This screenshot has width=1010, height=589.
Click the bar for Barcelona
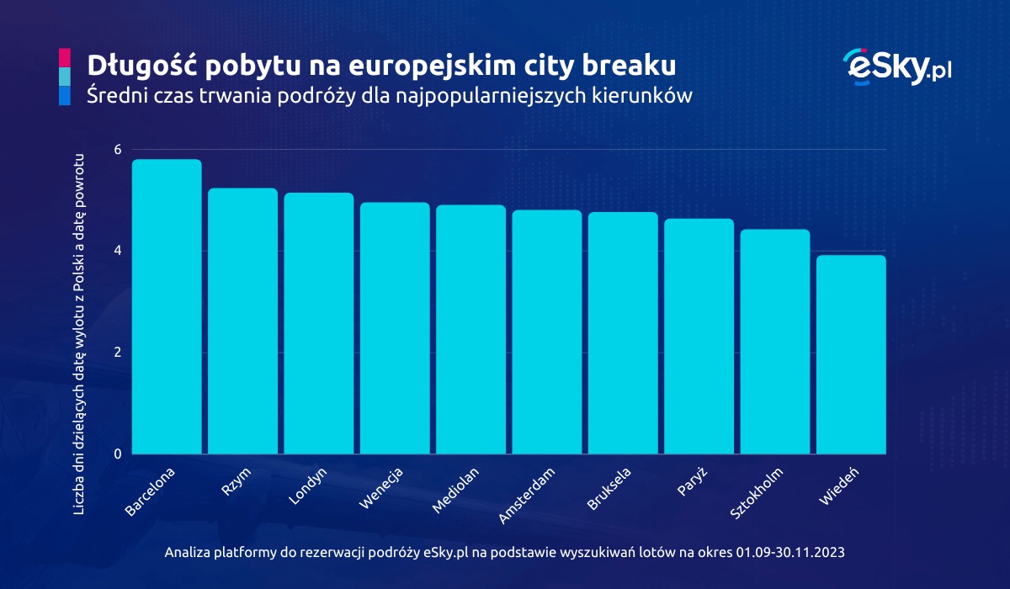pos(167,307)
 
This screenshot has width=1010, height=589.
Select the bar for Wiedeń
pos(851,354)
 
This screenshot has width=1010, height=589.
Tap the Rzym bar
pos(242,321)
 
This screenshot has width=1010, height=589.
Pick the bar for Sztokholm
pos(774,342)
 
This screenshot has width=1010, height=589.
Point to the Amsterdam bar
pos(546,332)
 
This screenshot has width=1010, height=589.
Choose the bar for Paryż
pos(699,337)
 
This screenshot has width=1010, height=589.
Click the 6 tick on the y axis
pos(118,149)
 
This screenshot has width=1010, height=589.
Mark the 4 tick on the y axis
pos(118,251)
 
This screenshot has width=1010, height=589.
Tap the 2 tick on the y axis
pos(118,353)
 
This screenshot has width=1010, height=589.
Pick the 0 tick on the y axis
pos(118,454)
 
